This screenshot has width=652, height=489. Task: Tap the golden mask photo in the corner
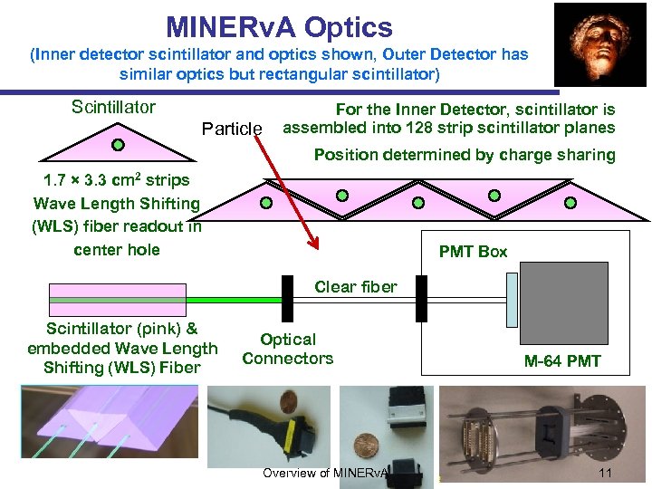click(x=599, y=43)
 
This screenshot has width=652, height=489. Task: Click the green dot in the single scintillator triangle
click(x=118, y=143)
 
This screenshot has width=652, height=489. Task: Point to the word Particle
click(x=232, y=129)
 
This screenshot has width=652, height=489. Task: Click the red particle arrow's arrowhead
click(x=314, y=242)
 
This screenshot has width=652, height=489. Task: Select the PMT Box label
click(x=473, y=252)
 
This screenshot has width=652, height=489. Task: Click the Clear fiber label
click(x=355, y=287)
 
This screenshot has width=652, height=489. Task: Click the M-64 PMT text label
click(x=562, y=362)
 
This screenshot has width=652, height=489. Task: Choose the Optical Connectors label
click(x=287, y=350)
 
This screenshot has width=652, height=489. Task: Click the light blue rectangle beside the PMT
click(x=512, y=300)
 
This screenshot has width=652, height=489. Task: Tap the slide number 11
click(x=607, y=474)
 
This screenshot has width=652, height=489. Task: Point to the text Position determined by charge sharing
click(x=465, y=155)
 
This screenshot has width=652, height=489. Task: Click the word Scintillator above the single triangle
click(x=113, y=107)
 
